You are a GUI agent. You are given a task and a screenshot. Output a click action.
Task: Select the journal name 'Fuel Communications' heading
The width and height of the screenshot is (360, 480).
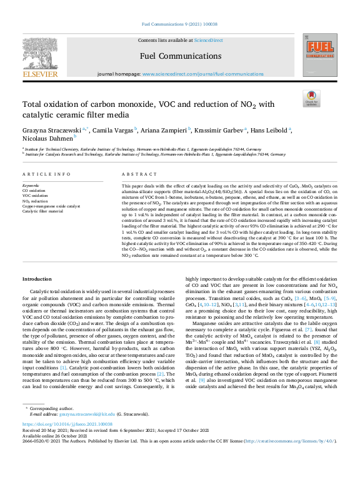coord(180,56)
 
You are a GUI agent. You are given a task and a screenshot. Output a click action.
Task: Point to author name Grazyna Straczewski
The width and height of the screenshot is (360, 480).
coord(53,129)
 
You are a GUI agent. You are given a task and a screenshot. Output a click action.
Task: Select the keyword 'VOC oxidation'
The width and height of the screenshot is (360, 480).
coord(35,196)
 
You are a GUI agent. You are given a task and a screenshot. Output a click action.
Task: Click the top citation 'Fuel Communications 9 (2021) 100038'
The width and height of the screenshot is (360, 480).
coord(180,24)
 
